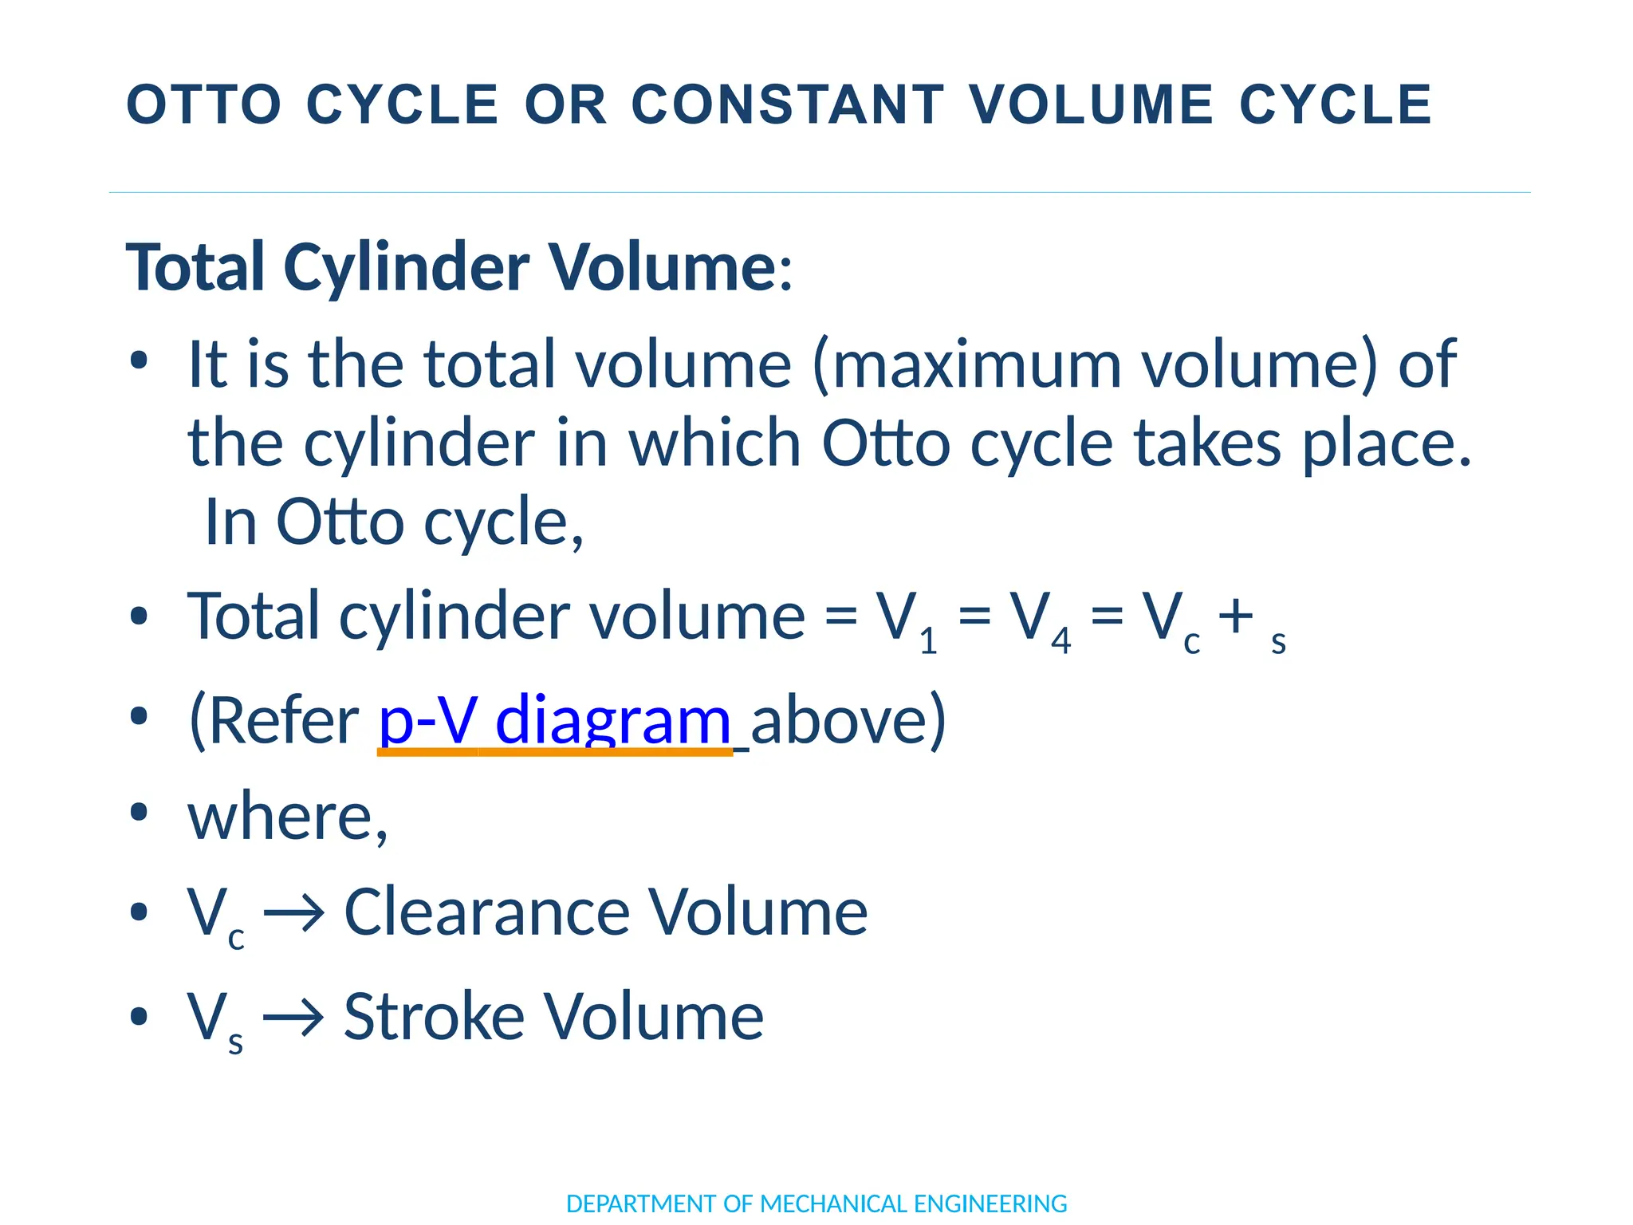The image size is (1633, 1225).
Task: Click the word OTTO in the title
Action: click(204, 104)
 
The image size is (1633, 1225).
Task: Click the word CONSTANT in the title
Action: click(788, 104)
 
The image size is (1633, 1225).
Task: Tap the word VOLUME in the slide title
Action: click(1091, 104)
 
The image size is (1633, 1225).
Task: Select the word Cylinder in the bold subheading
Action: click(406, 267)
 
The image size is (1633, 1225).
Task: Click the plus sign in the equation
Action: click(1235, 616)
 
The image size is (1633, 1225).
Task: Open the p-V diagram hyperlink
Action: click(554, 720)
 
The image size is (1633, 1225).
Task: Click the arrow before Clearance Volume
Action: click(293, 912)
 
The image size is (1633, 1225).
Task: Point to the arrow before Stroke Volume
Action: click(293, 1017)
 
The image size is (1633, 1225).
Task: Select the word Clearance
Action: click(486, 912)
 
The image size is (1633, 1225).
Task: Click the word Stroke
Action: click(434, 1017)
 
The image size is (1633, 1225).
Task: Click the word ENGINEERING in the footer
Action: click(990, 1203)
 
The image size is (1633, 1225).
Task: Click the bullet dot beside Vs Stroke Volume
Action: click(139, 1017)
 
